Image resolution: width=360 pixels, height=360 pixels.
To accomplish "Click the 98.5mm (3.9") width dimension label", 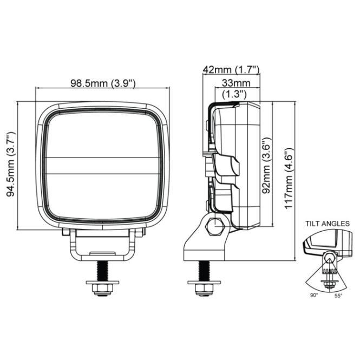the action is pyautogui.click(x=103, y=83).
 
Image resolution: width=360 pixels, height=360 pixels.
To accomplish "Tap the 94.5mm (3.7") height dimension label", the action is pyautogui.click(x=11, y=165).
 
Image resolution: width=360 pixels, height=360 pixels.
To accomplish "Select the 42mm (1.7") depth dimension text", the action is pyautogui.click(x=231, y=69).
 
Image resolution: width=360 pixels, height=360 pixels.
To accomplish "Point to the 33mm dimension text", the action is pyautogui.click(x=236, y=83).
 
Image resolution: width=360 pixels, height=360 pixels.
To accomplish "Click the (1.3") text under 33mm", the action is pyautogui.click(x=234, y=94).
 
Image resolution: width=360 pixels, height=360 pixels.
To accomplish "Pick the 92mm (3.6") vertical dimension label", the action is pyautogui.click(x=266, y=166).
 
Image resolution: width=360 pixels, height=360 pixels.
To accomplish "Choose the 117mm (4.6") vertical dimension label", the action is pyautogui.click(x=289, y=178).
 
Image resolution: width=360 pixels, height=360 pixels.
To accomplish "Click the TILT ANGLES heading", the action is pyautogui.click(x=328, y=224).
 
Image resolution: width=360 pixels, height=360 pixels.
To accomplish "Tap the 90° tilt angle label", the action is pyautogui.click(x=314, y=296).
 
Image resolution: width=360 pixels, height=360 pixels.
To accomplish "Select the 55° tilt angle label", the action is pyautogui.click(x=338, y=296).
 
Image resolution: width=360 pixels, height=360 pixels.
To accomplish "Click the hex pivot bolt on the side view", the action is pyautogui.click(x=215, y=226).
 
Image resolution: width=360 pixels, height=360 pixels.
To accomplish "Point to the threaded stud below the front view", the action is pyautogui.click(x=102, y=271).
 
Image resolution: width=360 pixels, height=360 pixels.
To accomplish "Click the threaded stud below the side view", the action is pyautogui.click(x=204, y=271).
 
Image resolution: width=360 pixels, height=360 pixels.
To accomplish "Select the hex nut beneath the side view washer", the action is pyautogui.click(x=204, y=290).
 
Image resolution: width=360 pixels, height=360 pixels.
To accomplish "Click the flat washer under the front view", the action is pyautogui.click(x=102, y=283).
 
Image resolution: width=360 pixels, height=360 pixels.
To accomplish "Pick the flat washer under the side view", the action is pyautogui.click(x=204, y=283).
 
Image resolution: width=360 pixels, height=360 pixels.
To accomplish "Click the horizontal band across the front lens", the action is pyautogui.click(x=103, y=165).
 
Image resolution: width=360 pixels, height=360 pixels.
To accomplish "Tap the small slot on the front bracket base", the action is pyautogui.click(x=102, y=253).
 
